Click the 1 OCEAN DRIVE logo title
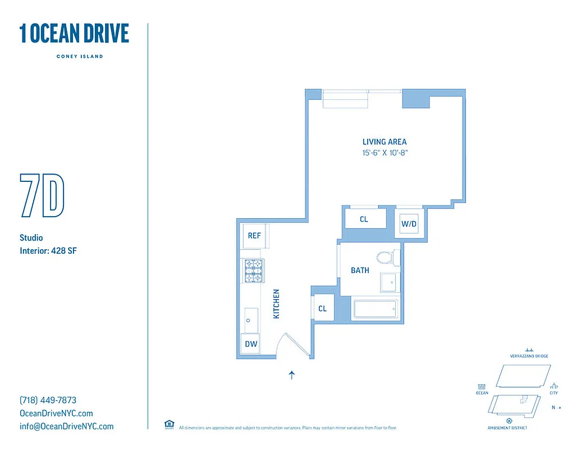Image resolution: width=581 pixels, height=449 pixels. coord(74,34)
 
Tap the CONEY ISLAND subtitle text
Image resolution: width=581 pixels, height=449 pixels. coord(80,56)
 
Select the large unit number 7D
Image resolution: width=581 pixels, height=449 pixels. coord(42,195)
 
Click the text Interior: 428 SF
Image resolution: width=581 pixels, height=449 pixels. coord(48,251)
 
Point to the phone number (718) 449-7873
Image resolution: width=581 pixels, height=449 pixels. coord(48,400)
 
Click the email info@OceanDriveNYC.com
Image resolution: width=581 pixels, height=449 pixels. coord(66,426)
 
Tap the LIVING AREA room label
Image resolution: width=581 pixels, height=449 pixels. coord(384,142)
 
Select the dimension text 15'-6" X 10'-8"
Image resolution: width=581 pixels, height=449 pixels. coord(384,153)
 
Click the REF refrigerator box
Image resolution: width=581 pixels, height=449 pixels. coord(254,236)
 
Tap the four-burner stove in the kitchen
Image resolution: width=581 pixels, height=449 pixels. coord(254,271)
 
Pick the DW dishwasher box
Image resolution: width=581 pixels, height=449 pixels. coord(251,344)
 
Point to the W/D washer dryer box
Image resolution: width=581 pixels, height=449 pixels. coord(409,224)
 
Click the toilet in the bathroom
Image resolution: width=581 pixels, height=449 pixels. coord(387,258)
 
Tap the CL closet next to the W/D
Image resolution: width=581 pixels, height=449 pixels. coord(364,219)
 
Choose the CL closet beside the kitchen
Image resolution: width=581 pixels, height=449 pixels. coord(323,308)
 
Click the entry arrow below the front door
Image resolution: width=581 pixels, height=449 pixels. coord(292,375)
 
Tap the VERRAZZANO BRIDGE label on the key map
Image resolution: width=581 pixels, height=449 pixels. coord(529,356)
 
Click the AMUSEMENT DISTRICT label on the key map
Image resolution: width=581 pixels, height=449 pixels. coord(509,428)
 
